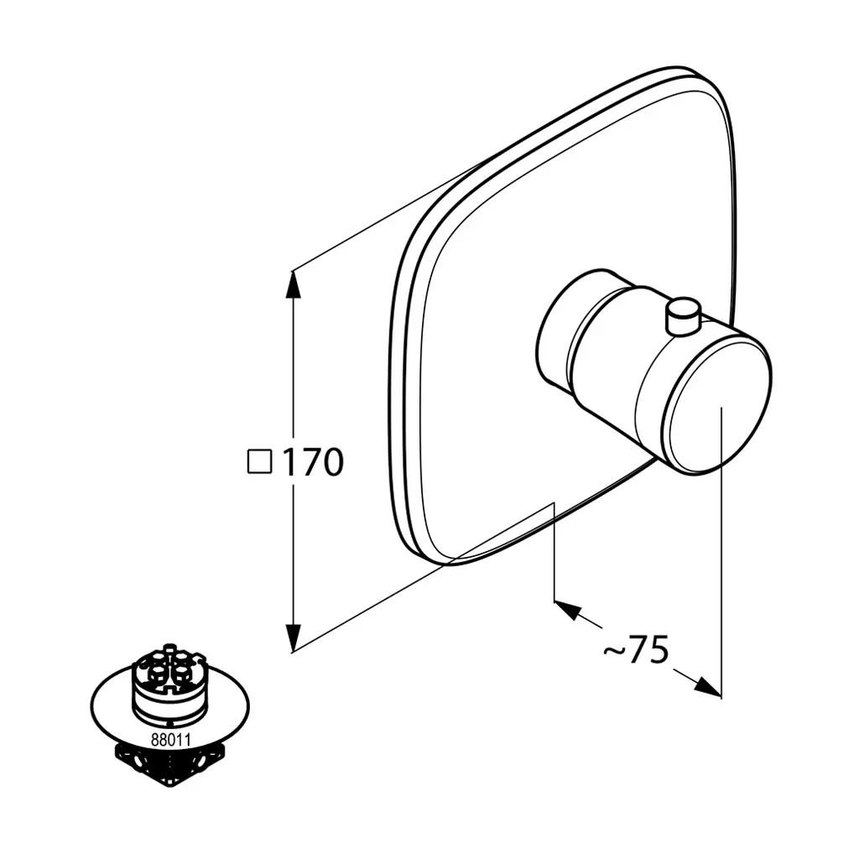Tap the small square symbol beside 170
259,461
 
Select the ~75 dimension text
637,651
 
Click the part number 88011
171,740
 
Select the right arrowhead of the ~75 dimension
707,686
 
